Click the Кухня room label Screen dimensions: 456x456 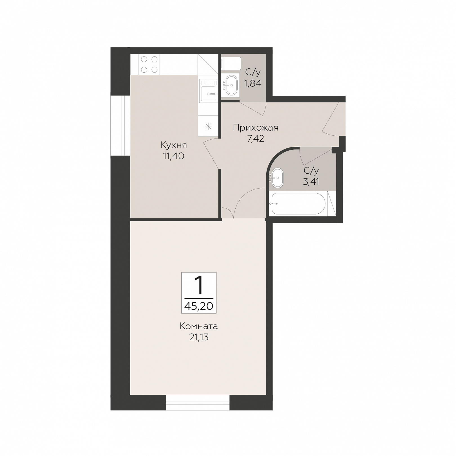pyautogui.click(x=174, y=145)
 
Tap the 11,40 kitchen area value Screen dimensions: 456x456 pyautogui.click(x=173, y=156)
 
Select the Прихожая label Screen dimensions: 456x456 pyautogui.click(x=256, y=128)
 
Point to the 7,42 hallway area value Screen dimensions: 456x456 pyautogui.click(x=256, y=138)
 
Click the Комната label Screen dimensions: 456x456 pyautogui.click(x=199, y=326)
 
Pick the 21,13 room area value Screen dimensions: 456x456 pyautogui.click(x=199, y=337)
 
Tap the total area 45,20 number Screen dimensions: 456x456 pyautogui.click(x=199, y=306)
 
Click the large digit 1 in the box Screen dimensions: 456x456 pyautogui.click(x=199, y=285)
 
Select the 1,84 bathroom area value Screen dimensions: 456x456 pyautogui.click(x=253, y=83)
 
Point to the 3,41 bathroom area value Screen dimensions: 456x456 pyautogui.click(x=311, y=182)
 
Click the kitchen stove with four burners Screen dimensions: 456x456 pyautogui.click(x=149, y=64)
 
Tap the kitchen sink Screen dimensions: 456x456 pyautogui.click(x=208, y=91)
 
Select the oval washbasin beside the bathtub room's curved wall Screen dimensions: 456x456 pyautogui.click(x=277, y=178)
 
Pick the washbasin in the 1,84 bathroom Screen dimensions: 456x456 pyautogui.click(x=231, y=85)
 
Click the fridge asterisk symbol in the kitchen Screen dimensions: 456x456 pyautogui.click(x=208, y=126)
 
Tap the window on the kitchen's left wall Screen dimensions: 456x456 pyautogui.click(x=120, y=126)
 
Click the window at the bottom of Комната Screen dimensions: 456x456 pyautogui.click(x=198, y=403)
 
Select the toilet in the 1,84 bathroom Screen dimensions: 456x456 pyautogui.click(x=231, y=64)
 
